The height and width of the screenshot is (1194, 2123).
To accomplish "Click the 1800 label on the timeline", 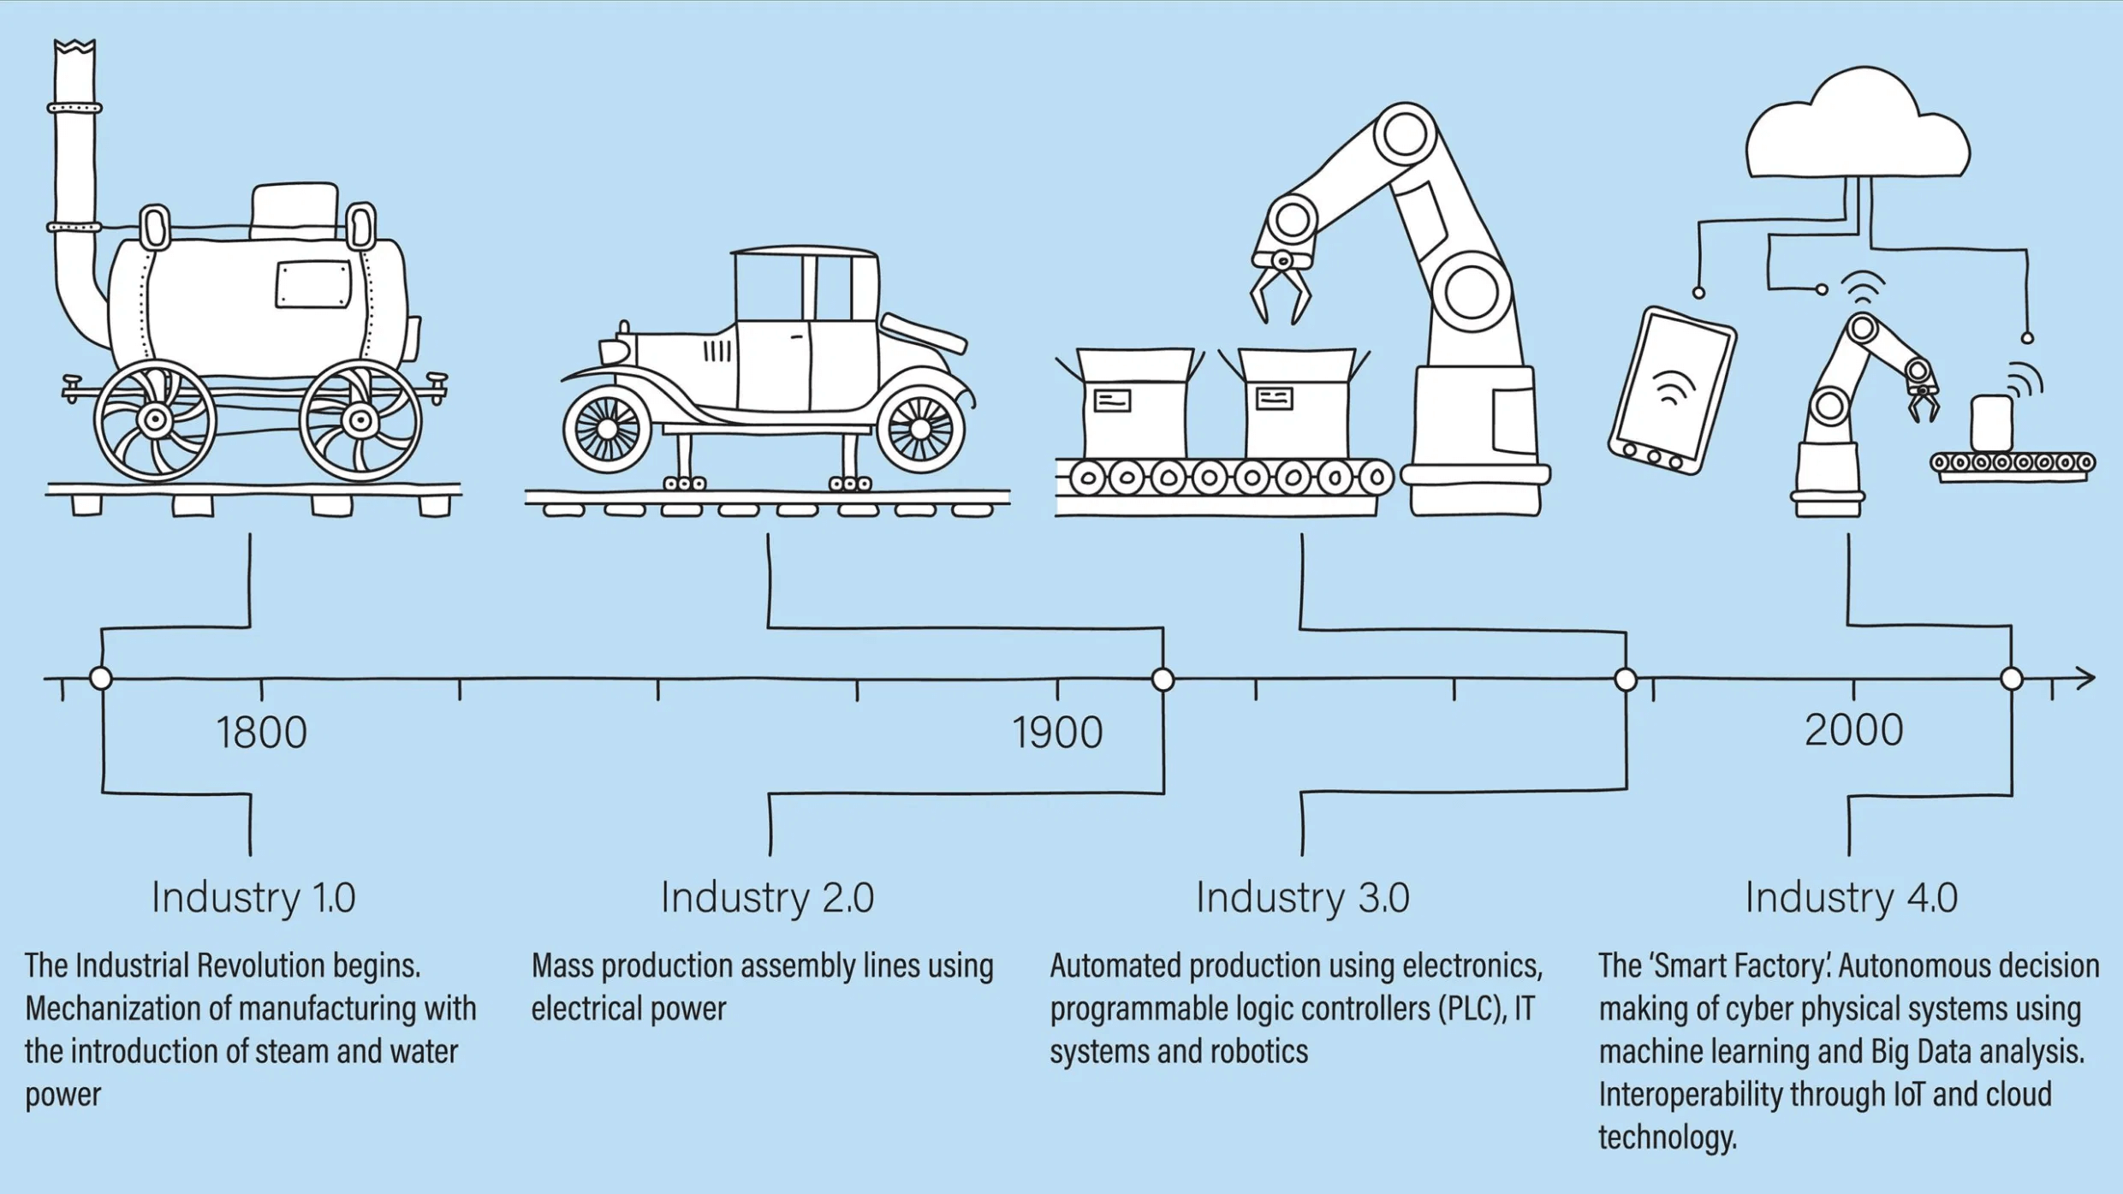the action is [x=261, y=732].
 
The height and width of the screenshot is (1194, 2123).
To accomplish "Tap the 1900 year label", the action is [x=1057, y=732].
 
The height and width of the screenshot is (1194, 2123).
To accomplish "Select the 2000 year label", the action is [x=1853, y=730].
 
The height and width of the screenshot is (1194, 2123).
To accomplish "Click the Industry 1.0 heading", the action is [x=253, y=897].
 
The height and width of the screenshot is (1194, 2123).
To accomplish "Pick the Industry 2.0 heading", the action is [x=767, y=897].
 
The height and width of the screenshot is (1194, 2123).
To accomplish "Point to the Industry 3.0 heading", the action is [x=1302, y=897].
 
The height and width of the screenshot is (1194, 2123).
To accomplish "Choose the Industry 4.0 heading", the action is [x=1852, y=897].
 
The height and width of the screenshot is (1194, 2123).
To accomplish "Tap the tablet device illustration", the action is [x=1672, y=390].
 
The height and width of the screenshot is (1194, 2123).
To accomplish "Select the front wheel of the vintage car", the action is [x=607, y=428].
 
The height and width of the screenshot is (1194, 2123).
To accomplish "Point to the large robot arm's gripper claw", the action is [x=1281, y=291].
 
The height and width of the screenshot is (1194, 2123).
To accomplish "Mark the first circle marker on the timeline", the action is [x=101, y=678].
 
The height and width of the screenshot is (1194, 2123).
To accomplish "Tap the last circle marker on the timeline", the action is [x=2012, y=679].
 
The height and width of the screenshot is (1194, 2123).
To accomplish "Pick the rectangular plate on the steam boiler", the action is [x=313, y=284].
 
